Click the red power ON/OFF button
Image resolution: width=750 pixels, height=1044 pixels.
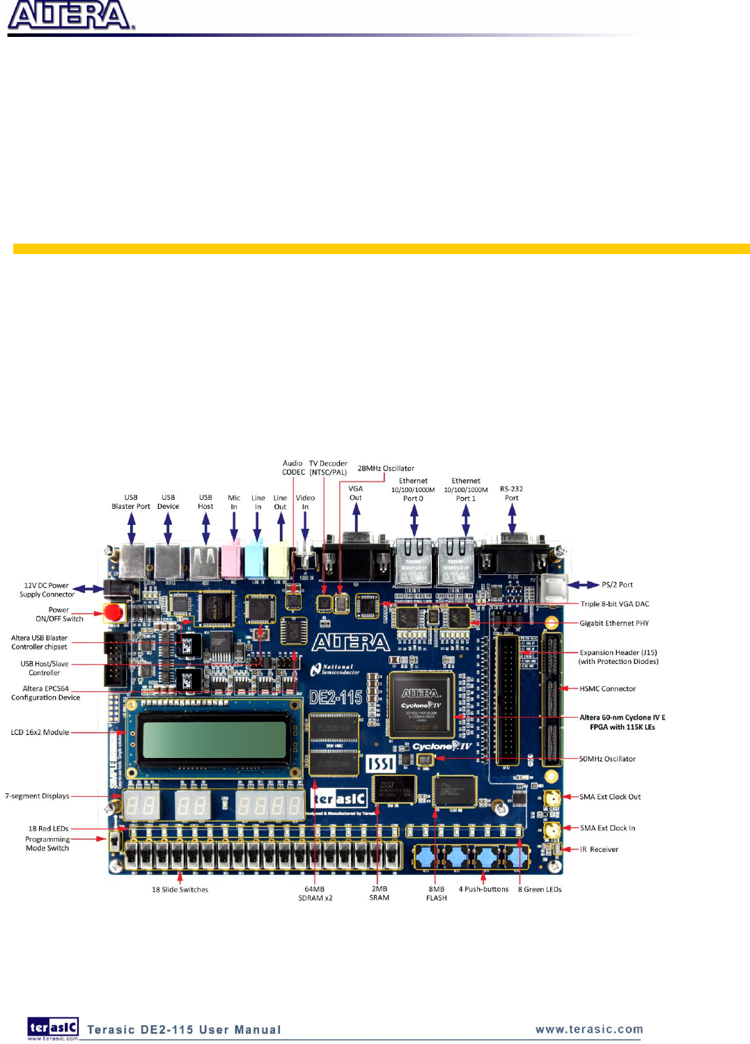pos(114,613)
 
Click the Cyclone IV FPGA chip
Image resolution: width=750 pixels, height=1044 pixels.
pos(421,704)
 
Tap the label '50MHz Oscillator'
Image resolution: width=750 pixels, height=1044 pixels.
pos(607,759)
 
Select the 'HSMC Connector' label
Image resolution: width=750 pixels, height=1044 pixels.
pos(607,689)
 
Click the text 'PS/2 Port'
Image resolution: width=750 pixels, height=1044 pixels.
pos(617,585)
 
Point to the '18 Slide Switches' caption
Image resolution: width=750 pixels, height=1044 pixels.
pos(180,889)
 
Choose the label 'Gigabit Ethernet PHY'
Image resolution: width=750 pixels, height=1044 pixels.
pos(614,624)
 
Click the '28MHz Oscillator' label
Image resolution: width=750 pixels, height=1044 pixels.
pos(386,468)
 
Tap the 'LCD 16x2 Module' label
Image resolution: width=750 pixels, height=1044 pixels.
pos(40,732)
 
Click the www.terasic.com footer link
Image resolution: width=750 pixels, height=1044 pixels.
pos(589,1029)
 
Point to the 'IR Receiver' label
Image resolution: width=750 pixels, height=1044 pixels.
pos(599,850)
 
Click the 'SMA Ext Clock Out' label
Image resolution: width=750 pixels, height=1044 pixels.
pos(610,797)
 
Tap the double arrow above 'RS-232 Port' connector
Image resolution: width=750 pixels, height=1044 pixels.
pos(512,519)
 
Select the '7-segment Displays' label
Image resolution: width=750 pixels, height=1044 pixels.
pos(37,796)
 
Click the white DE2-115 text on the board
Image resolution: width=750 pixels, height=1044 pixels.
pos(336,697)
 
